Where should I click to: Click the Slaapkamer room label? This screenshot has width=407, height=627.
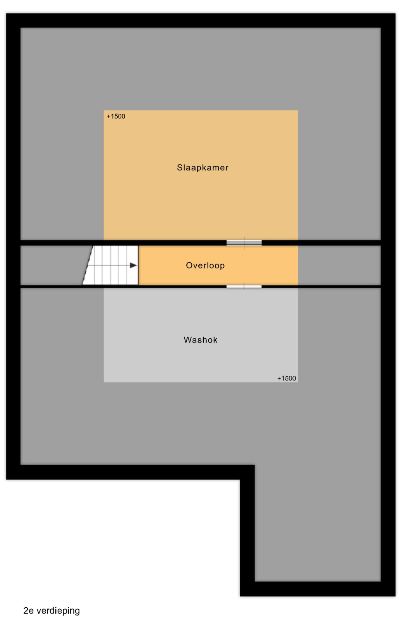(203, 167)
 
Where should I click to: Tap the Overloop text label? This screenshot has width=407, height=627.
(205, 266)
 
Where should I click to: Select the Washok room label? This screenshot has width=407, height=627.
(201, 340)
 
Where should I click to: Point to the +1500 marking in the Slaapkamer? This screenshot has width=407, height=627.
(116, 116)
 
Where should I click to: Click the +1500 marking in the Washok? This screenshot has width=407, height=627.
(287, 379)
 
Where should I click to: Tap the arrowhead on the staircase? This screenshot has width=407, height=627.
(133, 266)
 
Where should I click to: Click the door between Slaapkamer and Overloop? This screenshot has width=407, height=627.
(244, 243)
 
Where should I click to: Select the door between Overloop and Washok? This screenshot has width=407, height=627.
(244, 287)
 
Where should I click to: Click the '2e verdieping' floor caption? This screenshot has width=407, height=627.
(52, 611)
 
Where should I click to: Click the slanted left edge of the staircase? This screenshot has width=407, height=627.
(88, 266)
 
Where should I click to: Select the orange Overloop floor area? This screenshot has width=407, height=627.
(218, 266)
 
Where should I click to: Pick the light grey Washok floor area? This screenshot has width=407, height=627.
(201, 335)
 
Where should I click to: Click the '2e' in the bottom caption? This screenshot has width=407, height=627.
(28, 611)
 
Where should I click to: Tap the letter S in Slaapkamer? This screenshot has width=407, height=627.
(180, 167)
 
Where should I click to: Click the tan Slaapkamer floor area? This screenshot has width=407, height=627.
(201, 196)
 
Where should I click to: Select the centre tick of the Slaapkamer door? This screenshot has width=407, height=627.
(244, 243)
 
